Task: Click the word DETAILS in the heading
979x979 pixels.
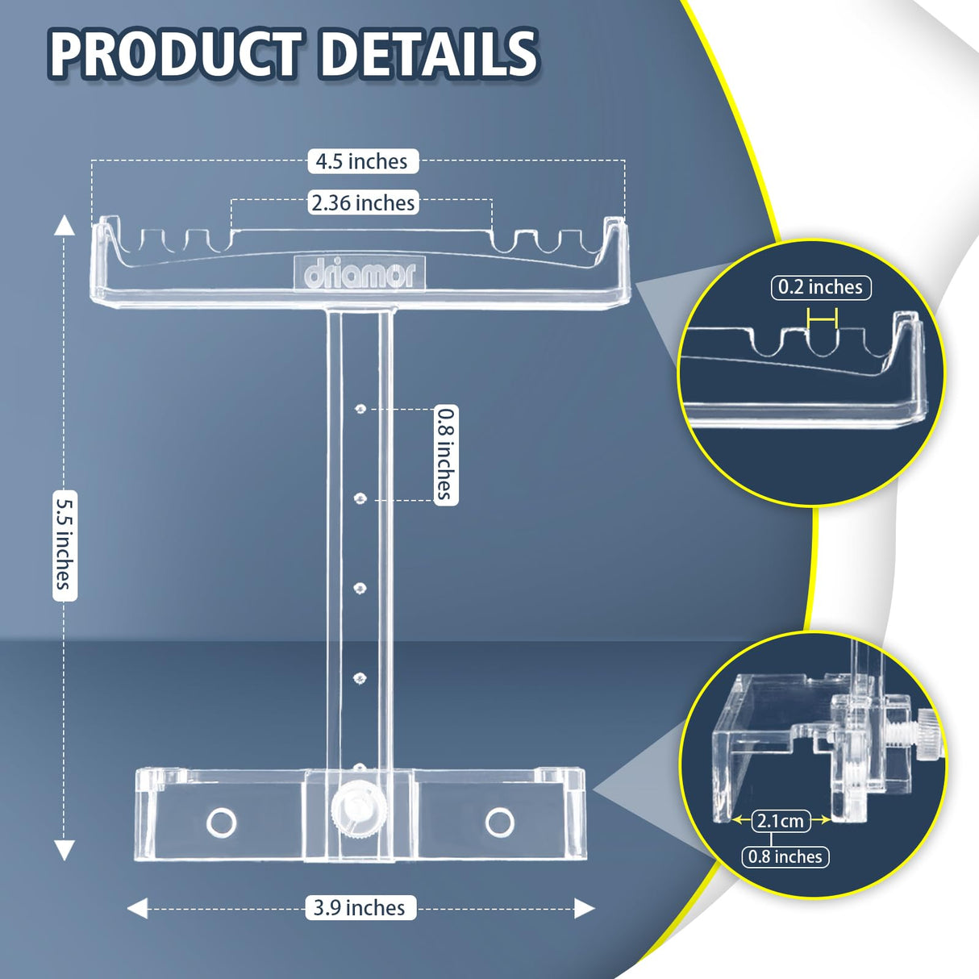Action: (x=429, y=54)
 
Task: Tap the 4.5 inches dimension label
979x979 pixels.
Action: (x=363, y=161)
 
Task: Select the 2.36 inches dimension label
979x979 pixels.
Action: (x=363, y=202)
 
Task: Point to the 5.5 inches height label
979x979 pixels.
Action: (x=65, y=546)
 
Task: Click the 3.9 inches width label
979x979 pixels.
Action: (x=360, y=907)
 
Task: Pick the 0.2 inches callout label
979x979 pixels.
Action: (x=820, y=288)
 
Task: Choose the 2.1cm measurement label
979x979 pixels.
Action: (x=781, y=820)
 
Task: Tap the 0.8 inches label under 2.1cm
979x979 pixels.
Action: (x=785, y=856)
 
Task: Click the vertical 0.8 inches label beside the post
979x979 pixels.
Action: (x=446, y=455)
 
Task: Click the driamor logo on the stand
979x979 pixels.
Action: (x=360, y=274)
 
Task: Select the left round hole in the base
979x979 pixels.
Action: (x=222, y=822)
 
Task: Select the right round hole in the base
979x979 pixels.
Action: (x=500, y=822)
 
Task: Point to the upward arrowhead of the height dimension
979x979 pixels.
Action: (x=64, y=225)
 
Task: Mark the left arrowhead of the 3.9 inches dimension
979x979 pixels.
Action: (x=137, y=908)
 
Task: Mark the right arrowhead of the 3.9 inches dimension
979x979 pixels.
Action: (x=584, y=908)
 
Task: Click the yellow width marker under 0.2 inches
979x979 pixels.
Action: (x=822, y=319)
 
